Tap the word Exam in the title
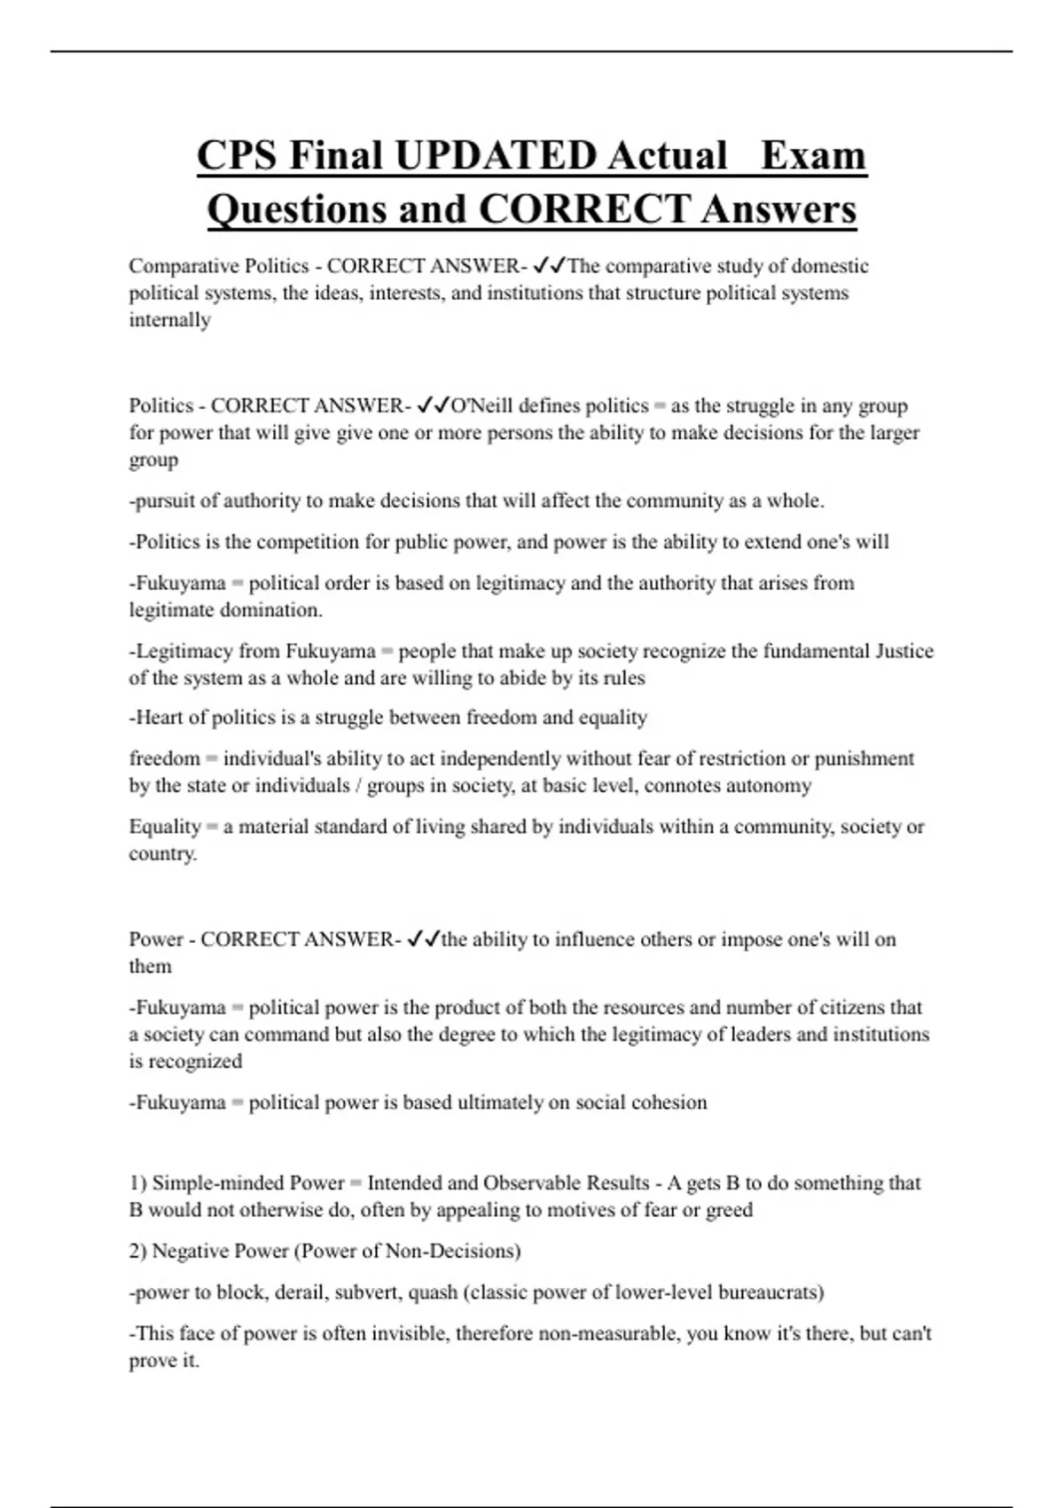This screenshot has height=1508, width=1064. point(813,156)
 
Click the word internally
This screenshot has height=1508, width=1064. point(169,320)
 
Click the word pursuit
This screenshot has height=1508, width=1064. point(165,501)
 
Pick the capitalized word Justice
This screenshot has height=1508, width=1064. point(904,651)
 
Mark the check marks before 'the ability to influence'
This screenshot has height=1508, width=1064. point(423,939)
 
